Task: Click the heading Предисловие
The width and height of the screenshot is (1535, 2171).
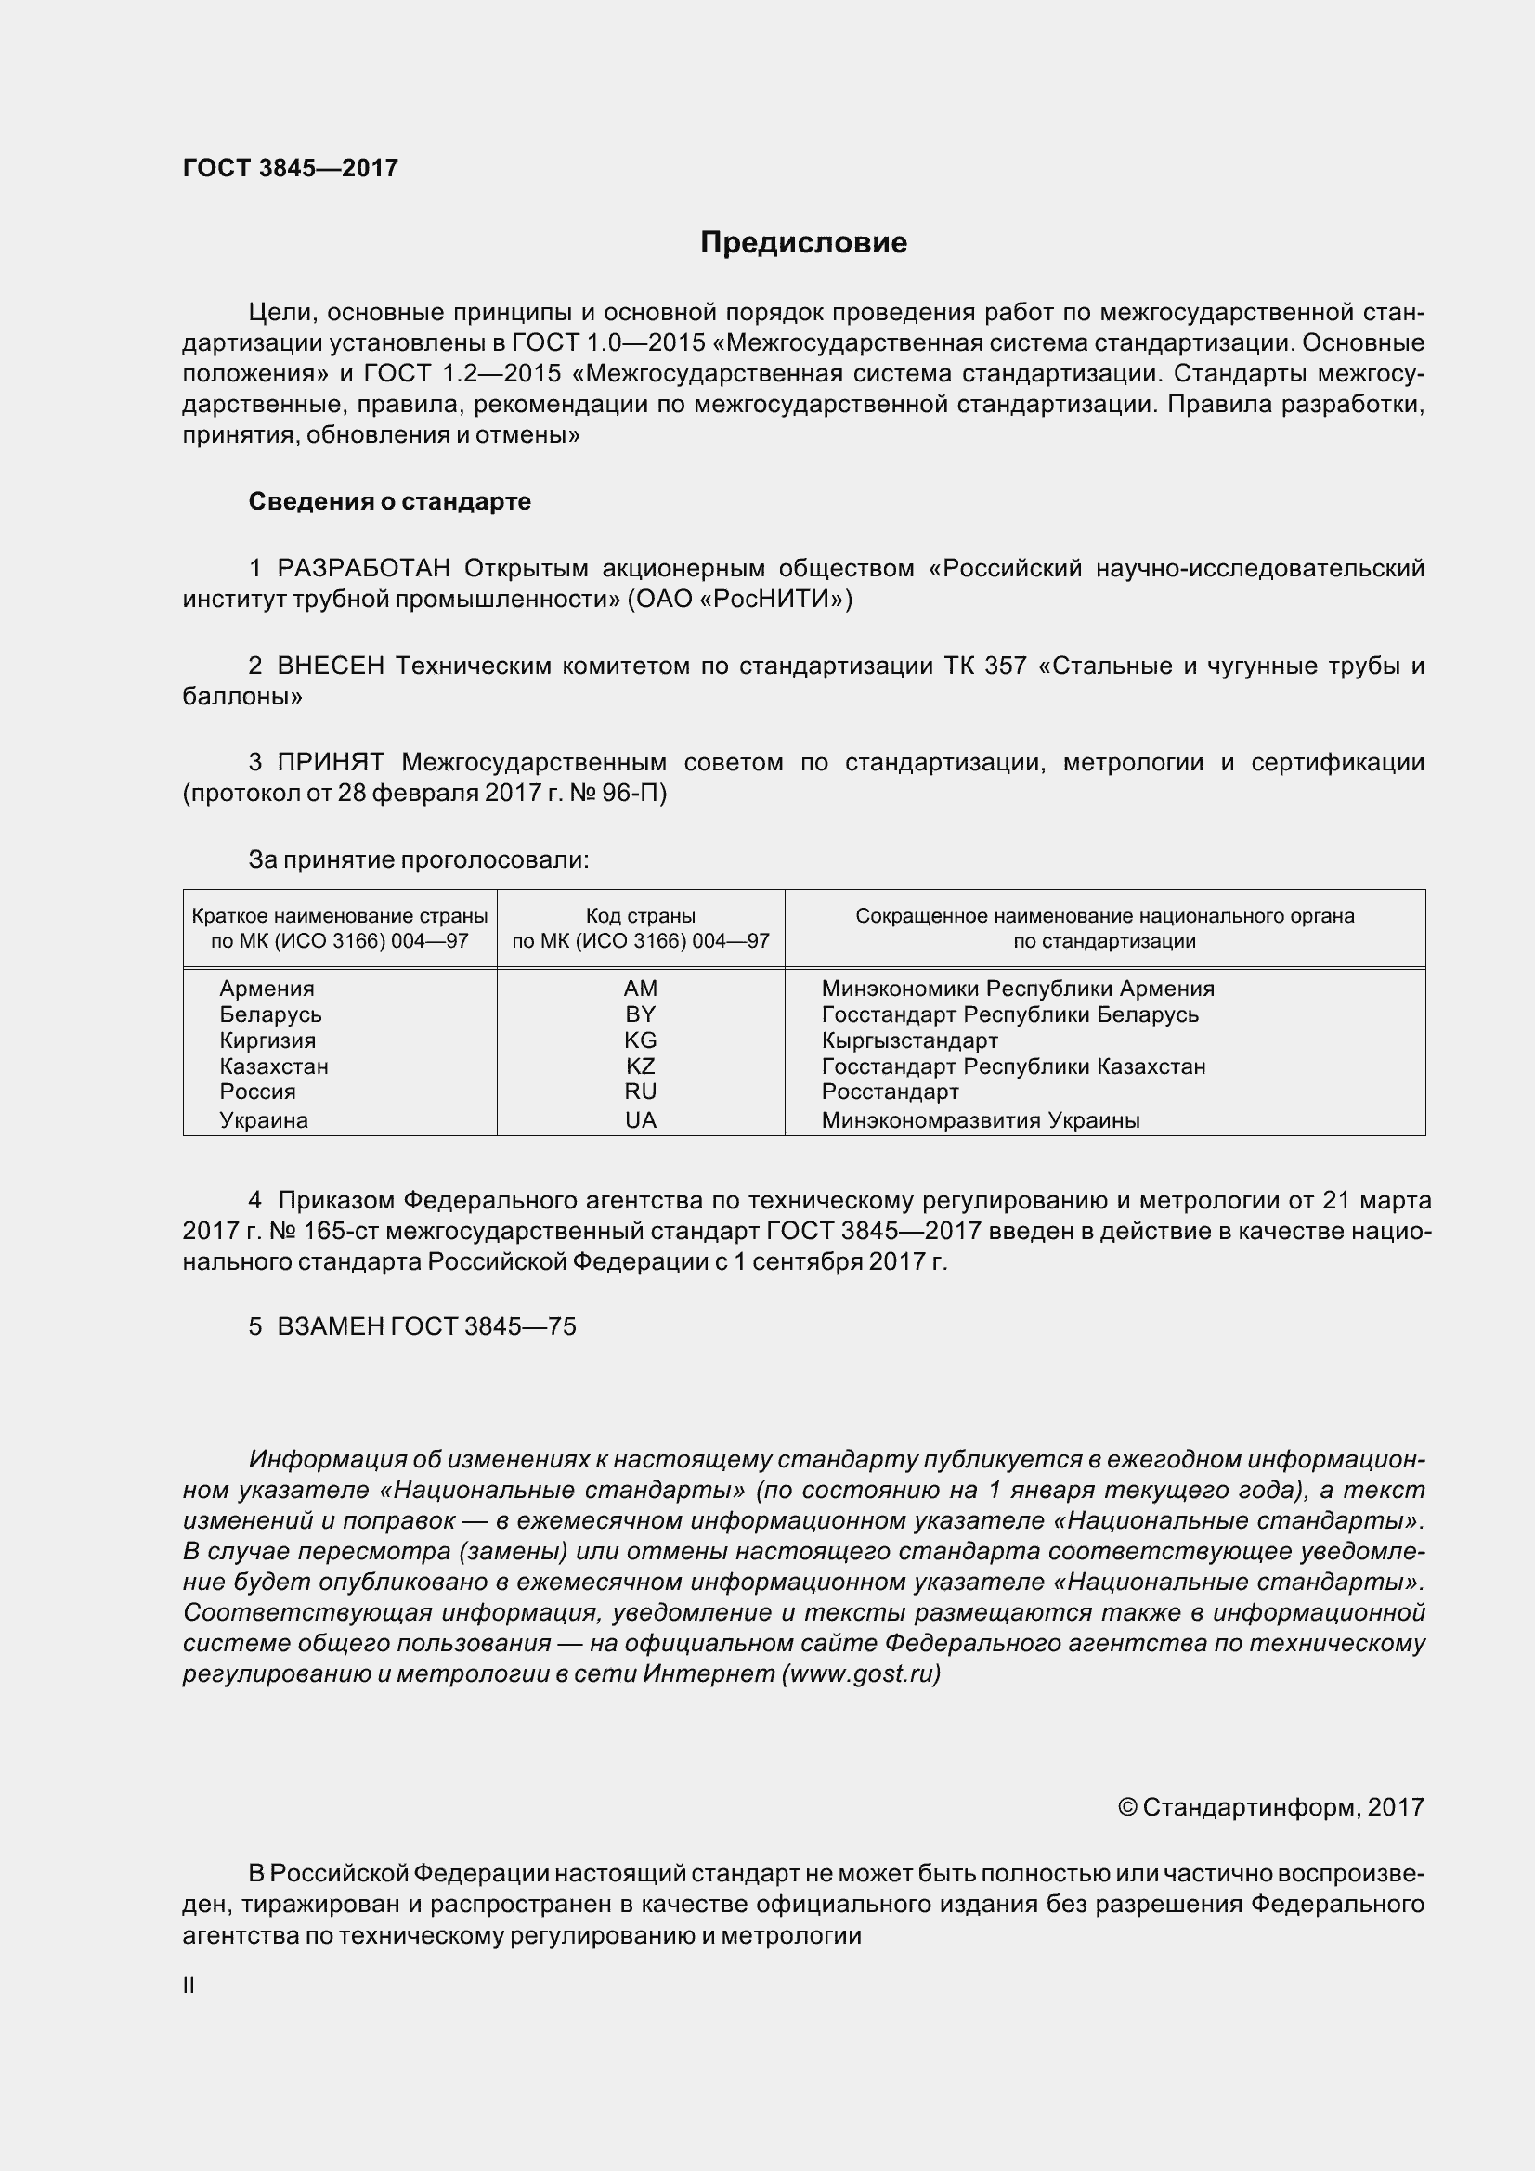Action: pos(803,243)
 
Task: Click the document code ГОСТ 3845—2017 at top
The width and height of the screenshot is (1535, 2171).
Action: pos(291,168)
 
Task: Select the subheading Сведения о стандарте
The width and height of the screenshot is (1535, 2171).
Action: pos(390,501)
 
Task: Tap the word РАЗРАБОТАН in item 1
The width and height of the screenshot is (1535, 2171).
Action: pos(364,568)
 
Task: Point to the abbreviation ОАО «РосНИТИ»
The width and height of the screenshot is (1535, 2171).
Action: pos(739,600)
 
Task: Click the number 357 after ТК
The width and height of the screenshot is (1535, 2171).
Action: pos(1006,666)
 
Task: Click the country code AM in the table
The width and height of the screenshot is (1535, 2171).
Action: pos(641,989)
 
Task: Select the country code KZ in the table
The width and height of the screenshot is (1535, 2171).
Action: pos(641,1066)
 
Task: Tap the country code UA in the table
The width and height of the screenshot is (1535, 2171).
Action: pos(641,1120)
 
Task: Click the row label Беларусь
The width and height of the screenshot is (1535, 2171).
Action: pos(270,1014)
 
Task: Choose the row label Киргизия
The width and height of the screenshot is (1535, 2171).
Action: pos(267,1040)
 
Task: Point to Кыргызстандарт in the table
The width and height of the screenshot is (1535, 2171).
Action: pos(909,1040)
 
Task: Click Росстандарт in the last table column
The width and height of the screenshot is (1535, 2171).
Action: pos(890,1092)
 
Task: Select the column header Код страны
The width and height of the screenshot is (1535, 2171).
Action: pos(641,915)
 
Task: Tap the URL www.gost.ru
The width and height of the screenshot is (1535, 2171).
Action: pos(862,1673)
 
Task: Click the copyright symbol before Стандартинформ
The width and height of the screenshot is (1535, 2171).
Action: pos(1126,1808)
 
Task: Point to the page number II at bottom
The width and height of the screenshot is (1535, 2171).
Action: pos(189,1985)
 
